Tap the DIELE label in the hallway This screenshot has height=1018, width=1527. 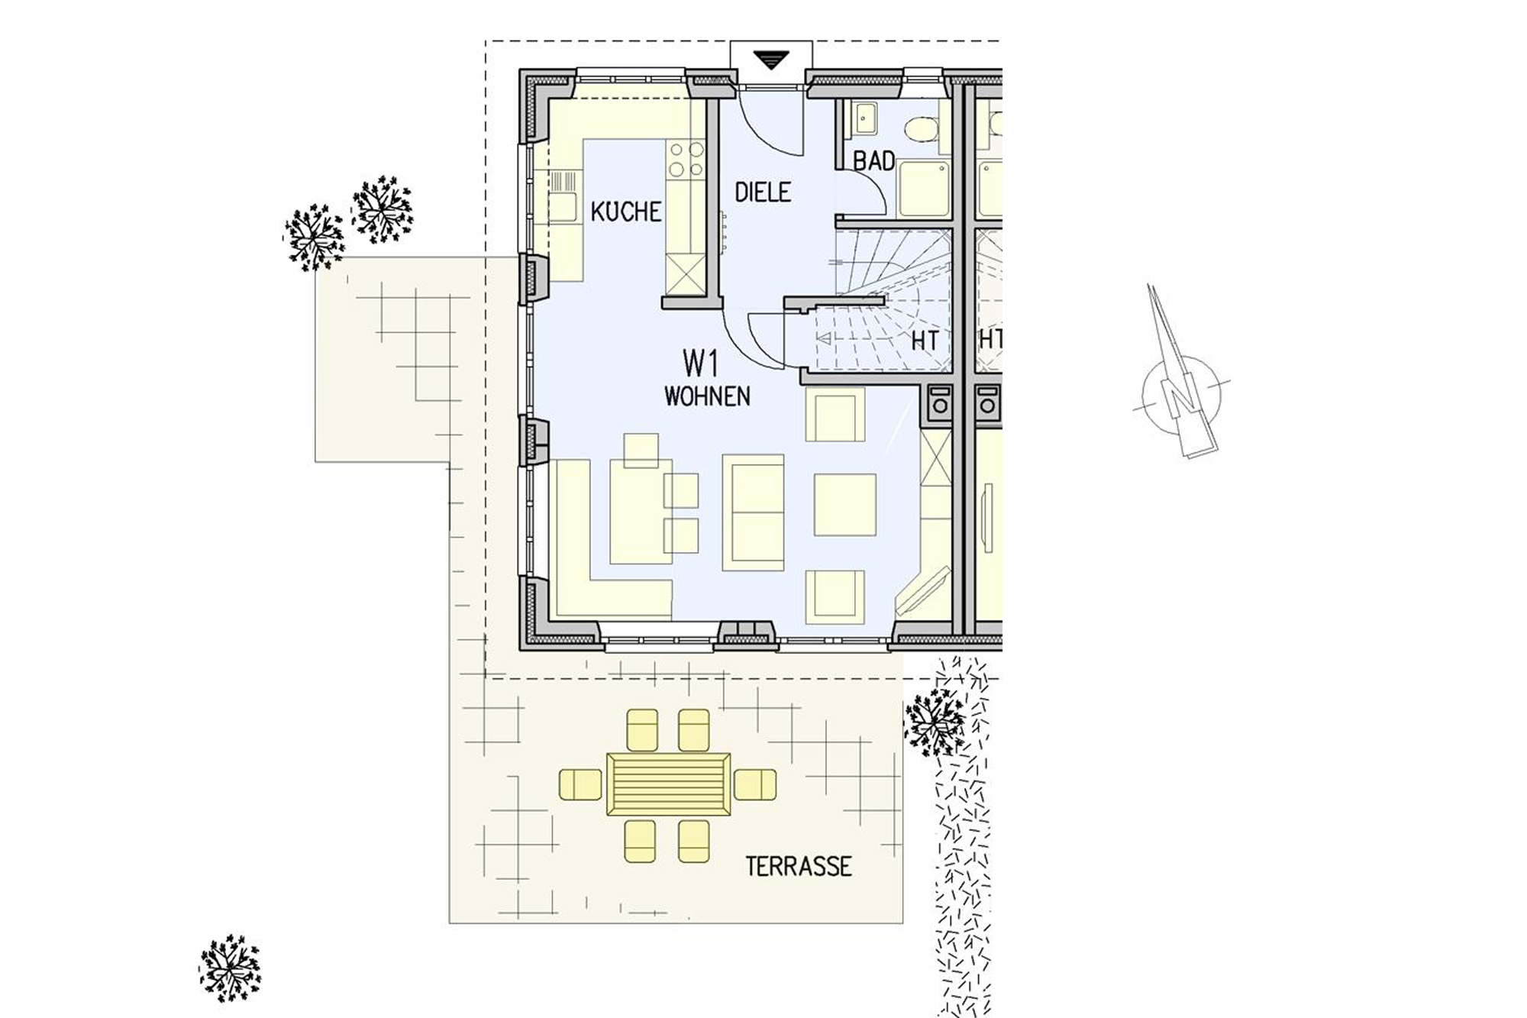point(763,192)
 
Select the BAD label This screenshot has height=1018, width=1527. point(874,160)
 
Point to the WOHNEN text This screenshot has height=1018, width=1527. point(707,396)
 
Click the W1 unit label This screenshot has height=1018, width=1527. point(701,364)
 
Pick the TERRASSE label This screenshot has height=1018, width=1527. point(799,866)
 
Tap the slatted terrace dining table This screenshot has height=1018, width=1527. point(669,784)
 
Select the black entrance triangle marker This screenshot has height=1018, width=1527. point(771,60)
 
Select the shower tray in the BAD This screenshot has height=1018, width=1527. point(924,188)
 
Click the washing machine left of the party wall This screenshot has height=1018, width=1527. point(939,405)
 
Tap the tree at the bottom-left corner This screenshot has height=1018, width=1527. point(230,968)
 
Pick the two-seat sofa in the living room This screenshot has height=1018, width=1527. point(753,512)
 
